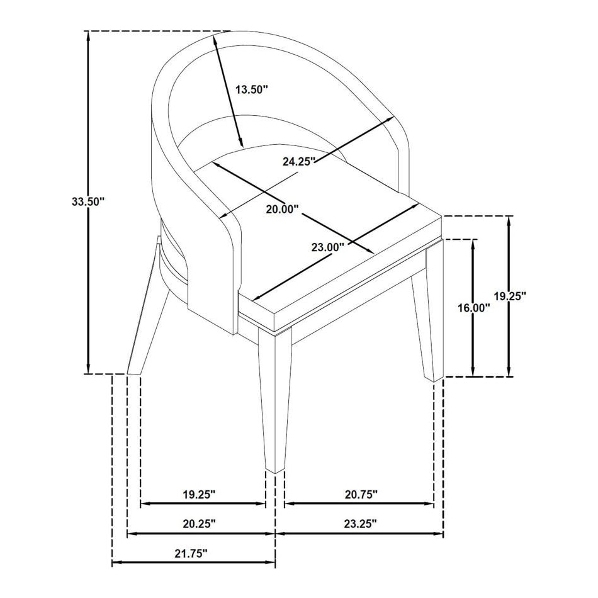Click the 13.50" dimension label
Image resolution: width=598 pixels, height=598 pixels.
(252, 89)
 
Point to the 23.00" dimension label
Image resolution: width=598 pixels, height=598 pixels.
(328, 247)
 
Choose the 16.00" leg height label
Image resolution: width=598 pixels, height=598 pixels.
(474, 308)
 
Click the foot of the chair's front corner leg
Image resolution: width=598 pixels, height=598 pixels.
(274, 468)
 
